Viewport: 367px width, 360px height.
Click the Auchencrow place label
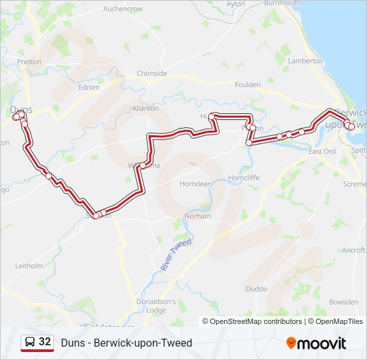point(123,9)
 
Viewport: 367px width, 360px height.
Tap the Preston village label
point(29,61)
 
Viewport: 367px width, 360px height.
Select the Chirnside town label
point(151,73)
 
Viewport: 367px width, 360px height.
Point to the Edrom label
point(89,87)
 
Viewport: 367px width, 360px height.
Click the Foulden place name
point(248,85)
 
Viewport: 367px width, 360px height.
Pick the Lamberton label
point(305,61)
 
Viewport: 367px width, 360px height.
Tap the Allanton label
point(145,108)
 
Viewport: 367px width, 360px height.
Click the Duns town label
point(21,109)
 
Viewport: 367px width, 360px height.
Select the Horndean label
point(196,184)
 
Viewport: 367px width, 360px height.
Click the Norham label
point(198,216)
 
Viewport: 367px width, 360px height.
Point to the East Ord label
point(322,151)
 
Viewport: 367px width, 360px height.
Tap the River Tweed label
point(175,254)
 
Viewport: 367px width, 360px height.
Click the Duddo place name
point(256,289)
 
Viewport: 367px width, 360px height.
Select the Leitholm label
point(29,265)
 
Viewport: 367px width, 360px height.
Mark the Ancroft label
point(354,250)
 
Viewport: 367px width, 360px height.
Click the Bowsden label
point(344,302)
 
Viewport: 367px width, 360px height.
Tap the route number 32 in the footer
point(45,342)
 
